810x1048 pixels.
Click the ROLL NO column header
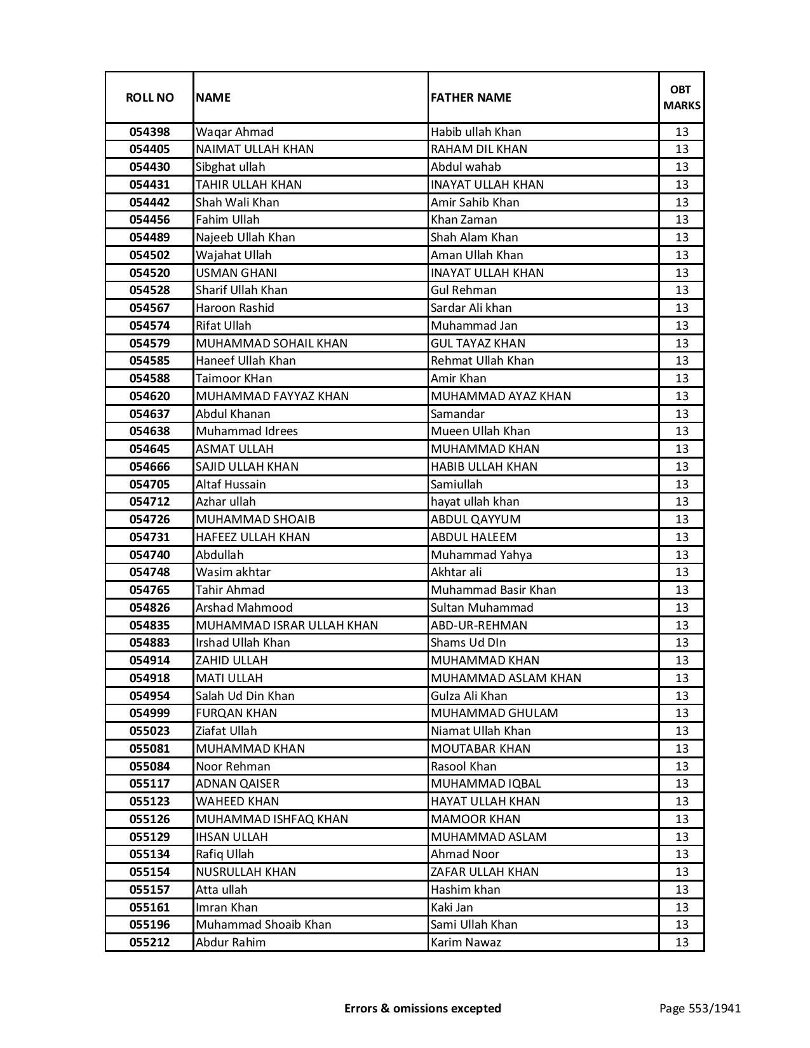click(149, 98)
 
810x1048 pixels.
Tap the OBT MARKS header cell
click(682, 97)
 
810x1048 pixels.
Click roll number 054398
click(149, 132)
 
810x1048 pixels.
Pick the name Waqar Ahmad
click(234, 132)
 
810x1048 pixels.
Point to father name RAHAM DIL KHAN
click(478, 149)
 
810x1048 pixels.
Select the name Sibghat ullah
click(230, 167)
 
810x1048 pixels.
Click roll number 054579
click(149, 344)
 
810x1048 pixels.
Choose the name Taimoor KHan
click(234, 379)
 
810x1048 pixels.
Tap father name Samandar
click(457, 414)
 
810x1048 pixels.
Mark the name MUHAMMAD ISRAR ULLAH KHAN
click(287, 626)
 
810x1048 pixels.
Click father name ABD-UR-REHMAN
click(478, 626)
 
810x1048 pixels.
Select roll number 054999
click(149, 713)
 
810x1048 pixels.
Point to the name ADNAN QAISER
click(238, 784)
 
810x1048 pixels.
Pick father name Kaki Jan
click(452, 908)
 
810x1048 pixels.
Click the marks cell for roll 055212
click(682, 943)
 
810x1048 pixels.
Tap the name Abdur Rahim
click(231, 943)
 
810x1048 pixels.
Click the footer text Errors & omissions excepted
click(422, 1008)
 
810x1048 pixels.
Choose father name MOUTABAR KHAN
click(480, 749)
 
